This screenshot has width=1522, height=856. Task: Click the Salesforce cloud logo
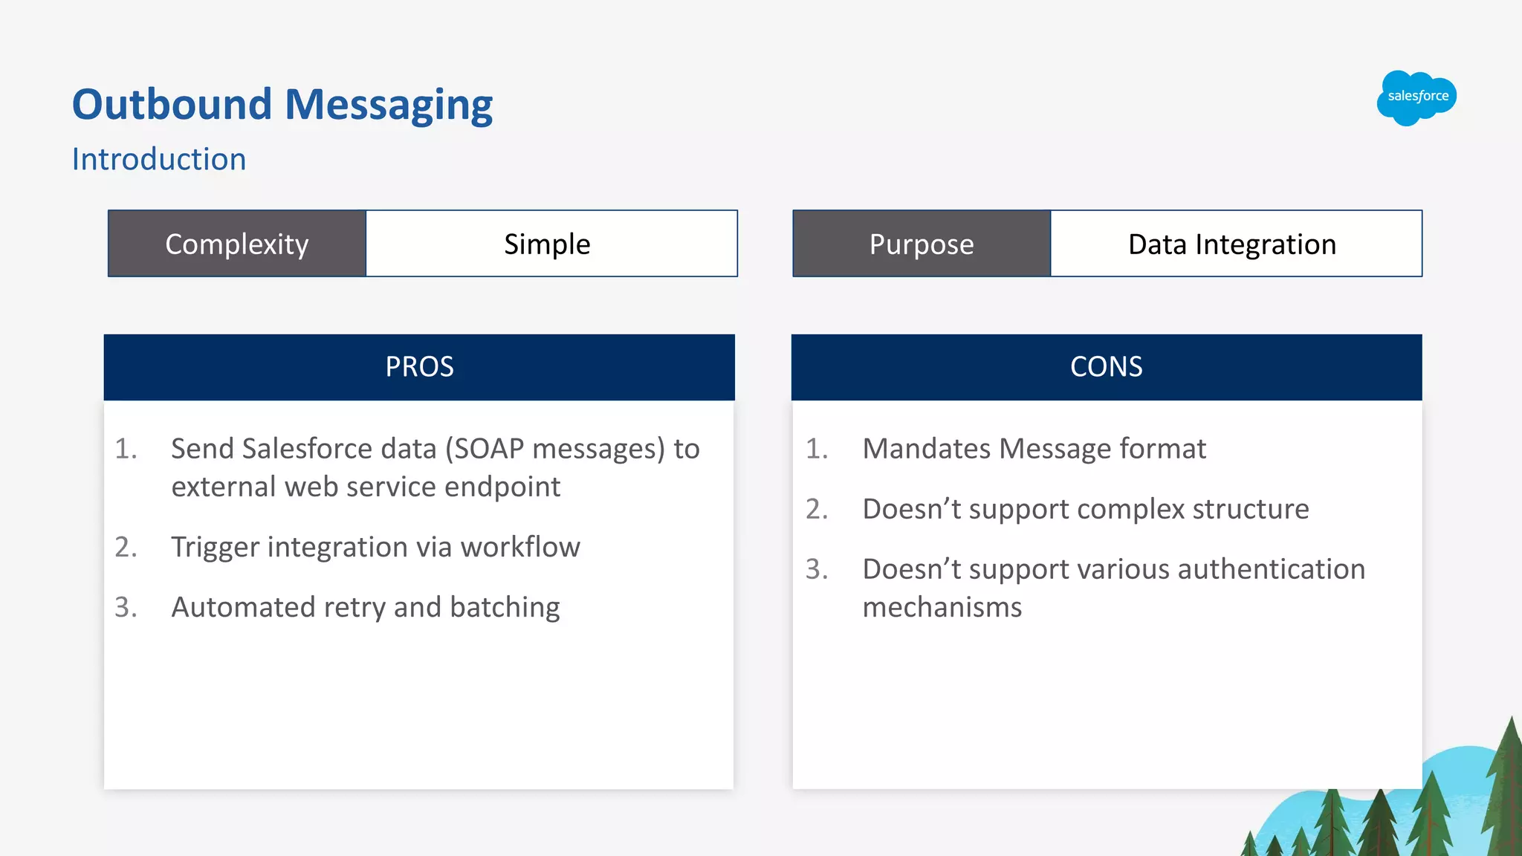tap(1416, 97)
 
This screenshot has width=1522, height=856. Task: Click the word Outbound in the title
tap(172, 105)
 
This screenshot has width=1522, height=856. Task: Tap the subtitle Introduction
tap(158, 160)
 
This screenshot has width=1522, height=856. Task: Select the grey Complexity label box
tap(237, 244)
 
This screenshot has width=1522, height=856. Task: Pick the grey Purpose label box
tap(922, 244)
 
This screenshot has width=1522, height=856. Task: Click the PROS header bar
tap(419, 367)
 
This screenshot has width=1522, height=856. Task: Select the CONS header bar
tap(1106, 367)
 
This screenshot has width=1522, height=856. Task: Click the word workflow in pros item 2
tap(519, 548)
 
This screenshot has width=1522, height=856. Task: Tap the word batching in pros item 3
tap(505, 608)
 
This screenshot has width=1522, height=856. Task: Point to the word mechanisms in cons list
tap(942, 608)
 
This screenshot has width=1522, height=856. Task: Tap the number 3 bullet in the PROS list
tap(126, 608)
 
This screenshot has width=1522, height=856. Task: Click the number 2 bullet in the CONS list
tap(816, 510)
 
